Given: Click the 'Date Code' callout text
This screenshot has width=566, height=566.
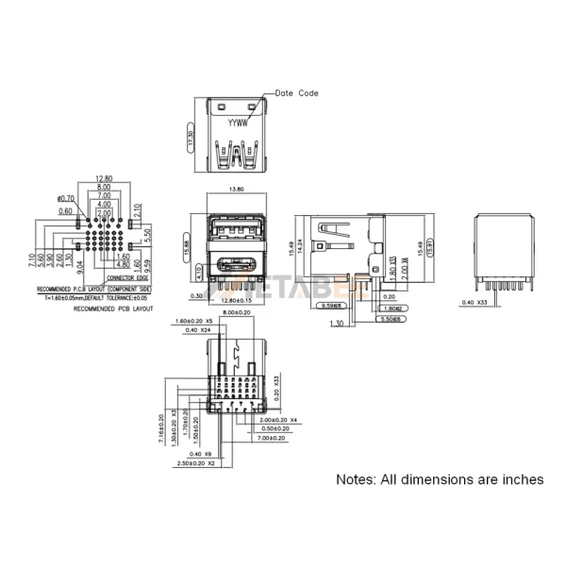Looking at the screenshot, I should click(296, 93).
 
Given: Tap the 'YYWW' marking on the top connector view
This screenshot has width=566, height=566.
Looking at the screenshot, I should click(239, 123).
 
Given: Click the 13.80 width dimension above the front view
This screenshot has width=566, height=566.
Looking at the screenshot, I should click(237, 190).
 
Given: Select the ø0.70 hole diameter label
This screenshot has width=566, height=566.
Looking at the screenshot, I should click(67, 199).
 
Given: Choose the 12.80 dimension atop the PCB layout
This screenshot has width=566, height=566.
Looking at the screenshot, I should click(105, 178).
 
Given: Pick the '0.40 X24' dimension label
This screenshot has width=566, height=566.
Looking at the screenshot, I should click(199, 330).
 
